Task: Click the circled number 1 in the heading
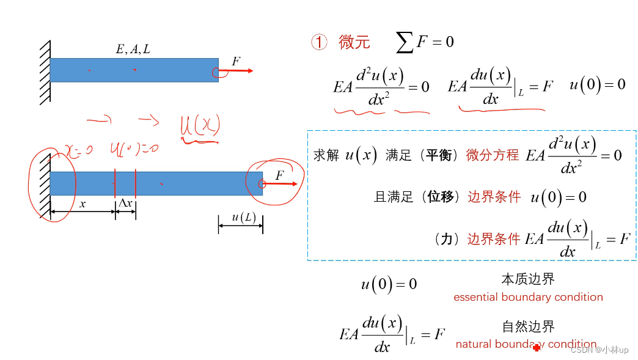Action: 320,42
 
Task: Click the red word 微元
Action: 354,42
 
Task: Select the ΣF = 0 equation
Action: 425,42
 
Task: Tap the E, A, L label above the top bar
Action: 133,50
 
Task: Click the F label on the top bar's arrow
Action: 236,61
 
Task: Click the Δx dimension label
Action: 125,204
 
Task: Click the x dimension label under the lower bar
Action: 82,204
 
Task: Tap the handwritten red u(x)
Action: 199,127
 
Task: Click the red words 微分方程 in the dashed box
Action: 493,155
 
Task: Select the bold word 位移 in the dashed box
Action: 441,197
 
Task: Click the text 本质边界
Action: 528,279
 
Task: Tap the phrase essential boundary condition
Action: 528,297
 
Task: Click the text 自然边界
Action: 528,326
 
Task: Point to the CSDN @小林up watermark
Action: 599,350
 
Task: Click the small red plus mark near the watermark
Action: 537,348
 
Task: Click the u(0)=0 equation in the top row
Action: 597,84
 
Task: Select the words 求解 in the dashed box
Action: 326,155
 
